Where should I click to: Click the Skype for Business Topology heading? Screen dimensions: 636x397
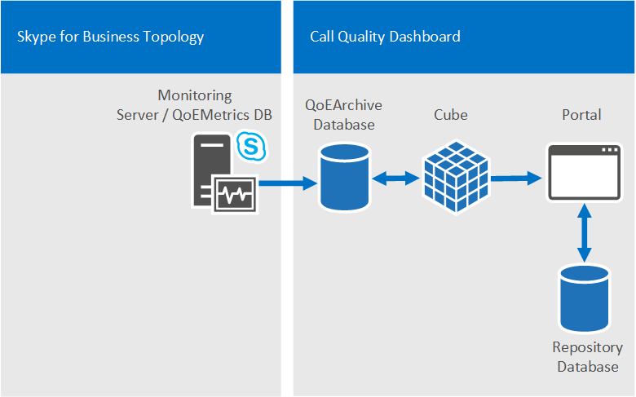110,37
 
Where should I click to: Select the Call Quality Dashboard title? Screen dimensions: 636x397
385,37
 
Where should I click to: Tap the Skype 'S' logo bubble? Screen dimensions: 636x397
251,146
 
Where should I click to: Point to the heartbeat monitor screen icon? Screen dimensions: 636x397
236,194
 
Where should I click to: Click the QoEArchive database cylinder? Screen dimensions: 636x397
344,177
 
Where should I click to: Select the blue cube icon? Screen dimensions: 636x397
456,177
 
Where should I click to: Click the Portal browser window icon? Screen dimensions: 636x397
584,172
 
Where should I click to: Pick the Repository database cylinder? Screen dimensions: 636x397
585,298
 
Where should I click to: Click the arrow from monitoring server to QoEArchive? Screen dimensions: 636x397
288,183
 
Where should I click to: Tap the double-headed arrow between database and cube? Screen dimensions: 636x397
396,178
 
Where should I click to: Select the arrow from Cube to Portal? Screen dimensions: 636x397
516,178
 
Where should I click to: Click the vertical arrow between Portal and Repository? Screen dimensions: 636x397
584,233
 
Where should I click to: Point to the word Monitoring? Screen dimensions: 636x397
195,95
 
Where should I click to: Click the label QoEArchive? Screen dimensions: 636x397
343,105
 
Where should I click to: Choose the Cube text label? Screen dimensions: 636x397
451,115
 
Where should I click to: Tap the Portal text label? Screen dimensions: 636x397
581,115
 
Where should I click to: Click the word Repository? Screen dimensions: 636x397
587,348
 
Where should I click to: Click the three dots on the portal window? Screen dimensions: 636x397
610,150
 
